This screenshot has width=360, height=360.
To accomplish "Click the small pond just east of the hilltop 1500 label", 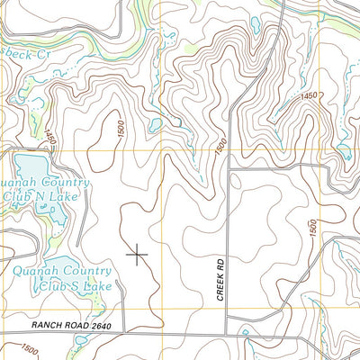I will click(155, 125).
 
